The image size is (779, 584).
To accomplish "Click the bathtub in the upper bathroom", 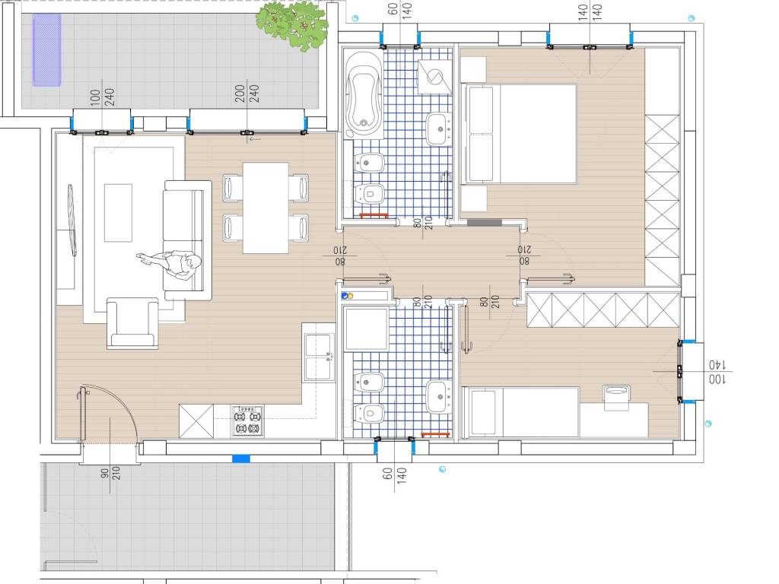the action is click(364, 94).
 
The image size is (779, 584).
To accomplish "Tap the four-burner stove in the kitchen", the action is click(247, 421).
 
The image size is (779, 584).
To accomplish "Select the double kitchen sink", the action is click(319, 357).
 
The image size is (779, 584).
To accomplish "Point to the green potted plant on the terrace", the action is click(293, 25).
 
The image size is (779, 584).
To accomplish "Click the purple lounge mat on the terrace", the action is click(46, 49).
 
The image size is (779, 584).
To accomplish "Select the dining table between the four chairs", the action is click(265, 208).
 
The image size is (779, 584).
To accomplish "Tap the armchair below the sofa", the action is click(132, 322).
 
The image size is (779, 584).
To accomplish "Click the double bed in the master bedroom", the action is click(519, 134).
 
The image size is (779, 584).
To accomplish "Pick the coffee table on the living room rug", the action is click(118, 213).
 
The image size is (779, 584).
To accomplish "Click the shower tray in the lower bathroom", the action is click(367, 329).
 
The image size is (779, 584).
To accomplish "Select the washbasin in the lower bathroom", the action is click(439, 397).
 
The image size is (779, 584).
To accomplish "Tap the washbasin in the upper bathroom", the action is click(439, 129).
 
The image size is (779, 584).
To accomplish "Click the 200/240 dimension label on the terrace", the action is click(247, 94).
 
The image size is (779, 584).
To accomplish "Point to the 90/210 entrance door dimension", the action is click(110, 471).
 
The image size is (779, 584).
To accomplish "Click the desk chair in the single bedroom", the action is click(616, 397).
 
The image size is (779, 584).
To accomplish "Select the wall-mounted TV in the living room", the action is click(72, 220).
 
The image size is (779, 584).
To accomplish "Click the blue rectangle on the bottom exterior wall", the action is click(241, 459).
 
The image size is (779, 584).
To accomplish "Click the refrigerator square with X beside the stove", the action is click(196, 421).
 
